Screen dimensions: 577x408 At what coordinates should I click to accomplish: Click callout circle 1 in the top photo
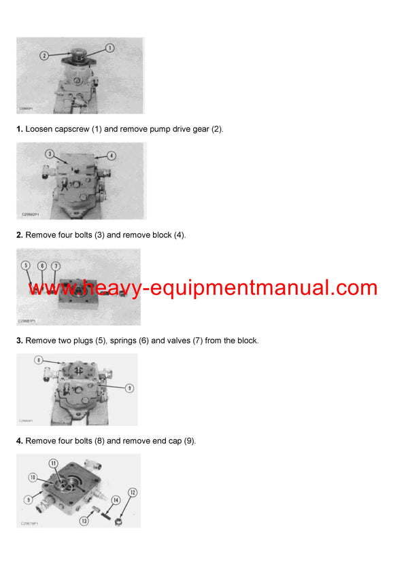coord(110,48)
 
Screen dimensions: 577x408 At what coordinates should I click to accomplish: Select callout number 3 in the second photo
coord(50,154)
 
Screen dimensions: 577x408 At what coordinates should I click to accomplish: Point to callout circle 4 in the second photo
coord(112,156)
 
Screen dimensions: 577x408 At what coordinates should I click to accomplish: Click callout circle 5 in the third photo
coord(26,265)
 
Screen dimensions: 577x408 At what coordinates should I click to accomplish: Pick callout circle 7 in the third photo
coord(56,265)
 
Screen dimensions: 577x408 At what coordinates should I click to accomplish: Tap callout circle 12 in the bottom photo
coord(133,491)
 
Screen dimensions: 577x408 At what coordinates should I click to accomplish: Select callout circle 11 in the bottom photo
coord(54,463)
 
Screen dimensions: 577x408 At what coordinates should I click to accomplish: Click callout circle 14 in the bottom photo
coord(116,500)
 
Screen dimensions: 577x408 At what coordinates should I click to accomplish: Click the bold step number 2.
coord(20,234)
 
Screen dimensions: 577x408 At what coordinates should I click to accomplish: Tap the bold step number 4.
coord(20,440)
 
